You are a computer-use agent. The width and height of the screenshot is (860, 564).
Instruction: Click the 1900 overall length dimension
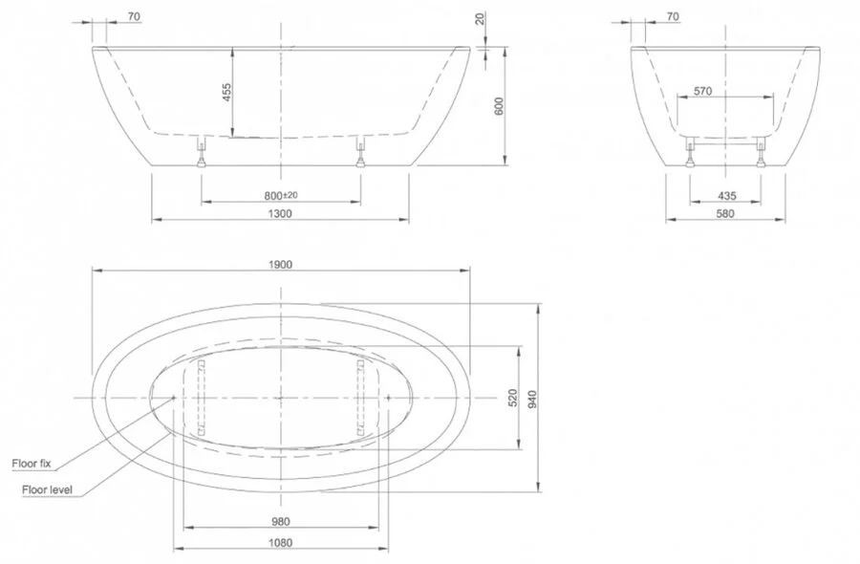(x=280, y=265)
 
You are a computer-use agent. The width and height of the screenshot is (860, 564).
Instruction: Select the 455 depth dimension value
(x=226, y=92)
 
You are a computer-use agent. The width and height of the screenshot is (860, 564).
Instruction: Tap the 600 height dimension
(x=499, y=106)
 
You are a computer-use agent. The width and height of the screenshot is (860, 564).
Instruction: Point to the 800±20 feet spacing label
(x=281, y=195)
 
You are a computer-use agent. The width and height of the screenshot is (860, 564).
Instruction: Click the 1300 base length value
(x=280, y=213)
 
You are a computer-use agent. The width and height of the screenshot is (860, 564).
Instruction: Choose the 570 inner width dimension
(x=702, y=91)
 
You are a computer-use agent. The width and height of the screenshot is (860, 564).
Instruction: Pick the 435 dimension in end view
(x=727, y=196)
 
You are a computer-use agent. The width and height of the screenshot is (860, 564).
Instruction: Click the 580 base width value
(x=725, y=213)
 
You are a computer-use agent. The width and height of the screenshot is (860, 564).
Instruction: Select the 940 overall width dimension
(x=532, y=399)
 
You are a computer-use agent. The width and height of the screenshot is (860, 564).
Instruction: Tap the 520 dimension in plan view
(x=513, y=398)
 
